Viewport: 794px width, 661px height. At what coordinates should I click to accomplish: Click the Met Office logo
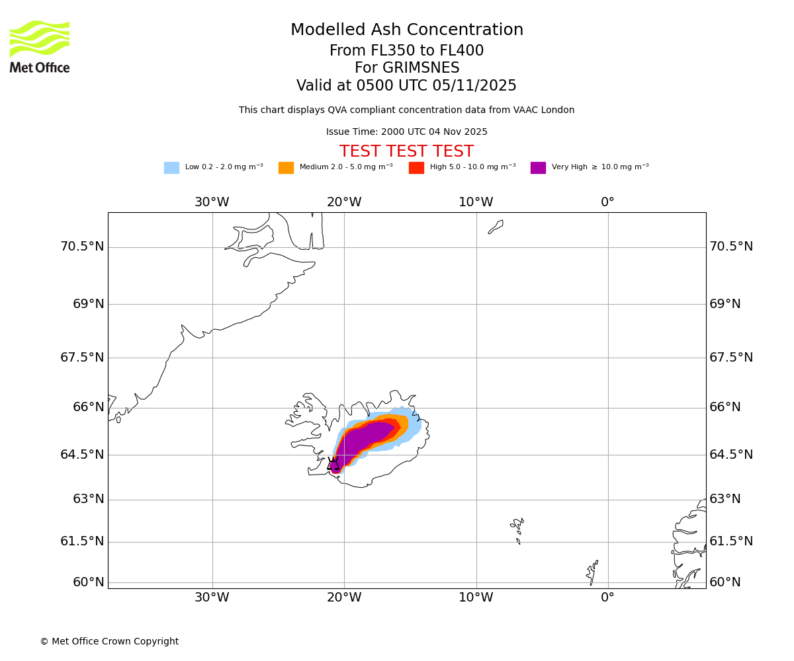click(x=40, y=46)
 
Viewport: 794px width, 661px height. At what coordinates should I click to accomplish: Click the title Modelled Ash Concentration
click(x=407, y=30)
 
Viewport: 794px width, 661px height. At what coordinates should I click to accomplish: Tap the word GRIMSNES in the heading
click(x=407, y=68)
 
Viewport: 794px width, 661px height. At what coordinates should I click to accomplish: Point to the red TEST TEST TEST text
click(x=407, y=151)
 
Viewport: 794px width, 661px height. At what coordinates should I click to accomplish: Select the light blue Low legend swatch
click(x=171, y=168)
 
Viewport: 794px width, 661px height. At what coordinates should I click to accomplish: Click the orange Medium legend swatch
click(x=286, y=168)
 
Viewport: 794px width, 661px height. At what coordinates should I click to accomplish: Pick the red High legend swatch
click(x=416, y=168)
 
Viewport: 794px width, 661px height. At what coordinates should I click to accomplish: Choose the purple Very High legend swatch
click(x=538, y=168)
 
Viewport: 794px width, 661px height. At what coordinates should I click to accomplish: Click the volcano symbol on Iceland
click(x=333, y=464)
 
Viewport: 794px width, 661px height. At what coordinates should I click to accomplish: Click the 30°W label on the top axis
click(x=212, y=202)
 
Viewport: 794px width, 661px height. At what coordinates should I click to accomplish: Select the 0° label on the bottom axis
click(x=607, y=598)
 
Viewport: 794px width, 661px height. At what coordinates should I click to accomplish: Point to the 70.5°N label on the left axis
click(x=82, y=247)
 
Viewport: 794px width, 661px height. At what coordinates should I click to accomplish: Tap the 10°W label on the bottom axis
click(x=476, y=598)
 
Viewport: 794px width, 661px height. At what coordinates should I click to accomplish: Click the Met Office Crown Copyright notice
click(x=109, y=642)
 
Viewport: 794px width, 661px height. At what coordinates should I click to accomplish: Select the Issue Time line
click(x=407, y=132)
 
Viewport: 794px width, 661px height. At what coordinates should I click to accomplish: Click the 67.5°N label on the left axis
click(x=82, y=358)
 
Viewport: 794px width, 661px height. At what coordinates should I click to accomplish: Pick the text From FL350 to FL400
click(x=407, y=51)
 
